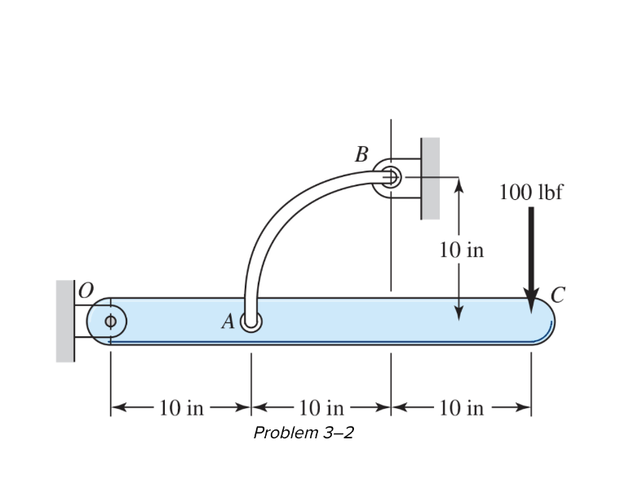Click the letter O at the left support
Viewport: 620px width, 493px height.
pyautogui.click(x=86, y=289)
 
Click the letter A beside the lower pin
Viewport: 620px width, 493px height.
pyautogui.click(x=228, y=323)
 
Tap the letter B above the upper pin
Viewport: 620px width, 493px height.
pyautogui.click(x=361, y=153)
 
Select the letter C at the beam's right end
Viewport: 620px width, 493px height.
pyautogui.click(x=557, y=295)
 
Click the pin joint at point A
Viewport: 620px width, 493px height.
pyautogui.click(x=251, y=323)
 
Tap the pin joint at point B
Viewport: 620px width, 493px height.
pyautogui.click(x=390, y=176)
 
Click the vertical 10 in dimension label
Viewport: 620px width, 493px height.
pyautogui.click(x=461, y=250)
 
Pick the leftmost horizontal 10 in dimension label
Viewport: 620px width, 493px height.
pyautogui.click(x=181, y=407)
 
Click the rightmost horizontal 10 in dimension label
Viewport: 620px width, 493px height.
pyautogui.click(x=461, y=407)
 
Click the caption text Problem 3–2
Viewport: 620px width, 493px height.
pyautogui.click(x=303, y=432)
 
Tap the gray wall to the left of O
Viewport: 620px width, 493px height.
pyautogui.click(x=64, y=321)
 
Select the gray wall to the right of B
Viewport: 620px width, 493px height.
pyautogui.click(x=430, y=178)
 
